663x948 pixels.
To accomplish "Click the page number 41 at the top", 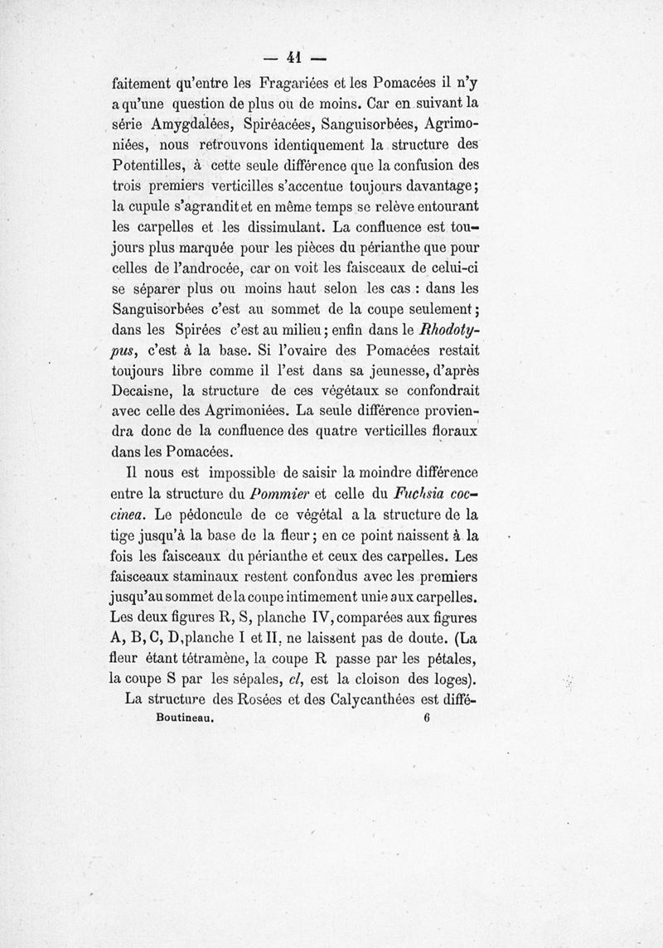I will pyautogui.click(x=292, y=57).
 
